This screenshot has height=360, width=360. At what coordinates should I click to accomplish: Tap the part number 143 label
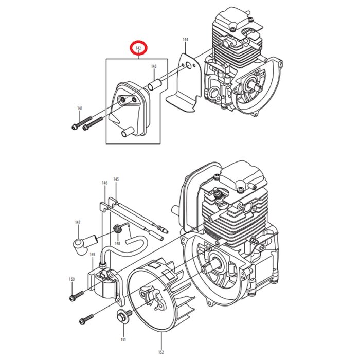pyautogui.click(x=154, y=66)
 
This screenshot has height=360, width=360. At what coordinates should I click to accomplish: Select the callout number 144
pyautogui.click(x=185, y=40)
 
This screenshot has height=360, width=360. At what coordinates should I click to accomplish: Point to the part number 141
pyautogui.click(x=80, y=109)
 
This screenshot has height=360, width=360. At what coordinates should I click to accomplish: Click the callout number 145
pyautogui.click(x=116, y=179)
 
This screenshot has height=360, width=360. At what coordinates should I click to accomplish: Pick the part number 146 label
pyautogui.click(x=105, y=183)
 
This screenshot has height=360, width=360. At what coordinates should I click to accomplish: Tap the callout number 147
pyautogui.click(x=78, y=222)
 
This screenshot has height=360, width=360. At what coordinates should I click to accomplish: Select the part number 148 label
pyautogui.click(x=118, y=243)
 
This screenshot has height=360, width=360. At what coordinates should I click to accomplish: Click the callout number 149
pyautogui.click(x=92, y=254)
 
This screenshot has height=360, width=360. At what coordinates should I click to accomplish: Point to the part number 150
pyautogui.click(x=71, y=279)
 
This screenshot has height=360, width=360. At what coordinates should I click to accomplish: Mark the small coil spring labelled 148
pyautogui.click(x=117, y=228)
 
